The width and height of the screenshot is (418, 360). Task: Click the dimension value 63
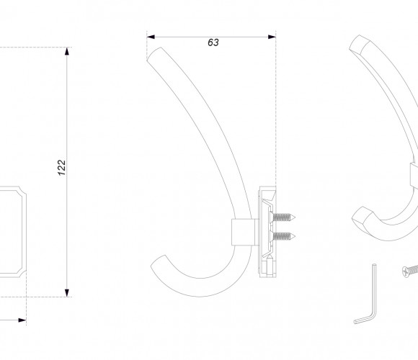click(x=213, y=42)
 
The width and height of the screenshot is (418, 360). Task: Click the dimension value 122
click(x=61, y=168)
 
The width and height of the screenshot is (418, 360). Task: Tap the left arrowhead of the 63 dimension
click(x=151, y=37)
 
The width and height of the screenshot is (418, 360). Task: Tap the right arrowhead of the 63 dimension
click(x=272, y=37)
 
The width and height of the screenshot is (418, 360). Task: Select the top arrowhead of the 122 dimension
click(x=66, y=51)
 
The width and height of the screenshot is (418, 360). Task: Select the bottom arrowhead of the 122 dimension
click(x=66, y=293)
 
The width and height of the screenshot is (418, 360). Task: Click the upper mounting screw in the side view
click(x=283, y=217)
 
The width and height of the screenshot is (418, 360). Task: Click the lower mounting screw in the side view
click(x=283, y=236)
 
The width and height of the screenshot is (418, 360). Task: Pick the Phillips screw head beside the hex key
click(x=406, y=272)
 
